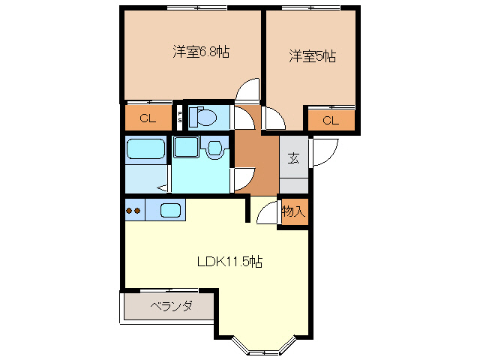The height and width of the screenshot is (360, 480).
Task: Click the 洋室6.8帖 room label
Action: pos(201,52)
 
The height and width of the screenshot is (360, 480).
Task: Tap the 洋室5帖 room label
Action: pos(313,55)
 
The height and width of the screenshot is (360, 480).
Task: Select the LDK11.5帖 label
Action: pos(229,262)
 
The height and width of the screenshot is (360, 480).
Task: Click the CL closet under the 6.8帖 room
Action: pos(147,118)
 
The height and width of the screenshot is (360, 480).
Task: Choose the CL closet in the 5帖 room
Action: pos(330,120)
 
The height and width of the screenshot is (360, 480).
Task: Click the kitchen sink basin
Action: pos(171,211)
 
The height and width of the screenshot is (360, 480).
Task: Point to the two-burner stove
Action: pos(133,211)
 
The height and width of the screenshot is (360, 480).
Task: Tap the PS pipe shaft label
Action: pos(180,117)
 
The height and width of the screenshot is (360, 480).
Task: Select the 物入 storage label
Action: pos(293,211)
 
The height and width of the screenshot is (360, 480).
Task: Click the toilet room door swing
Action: pos(244,118)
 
